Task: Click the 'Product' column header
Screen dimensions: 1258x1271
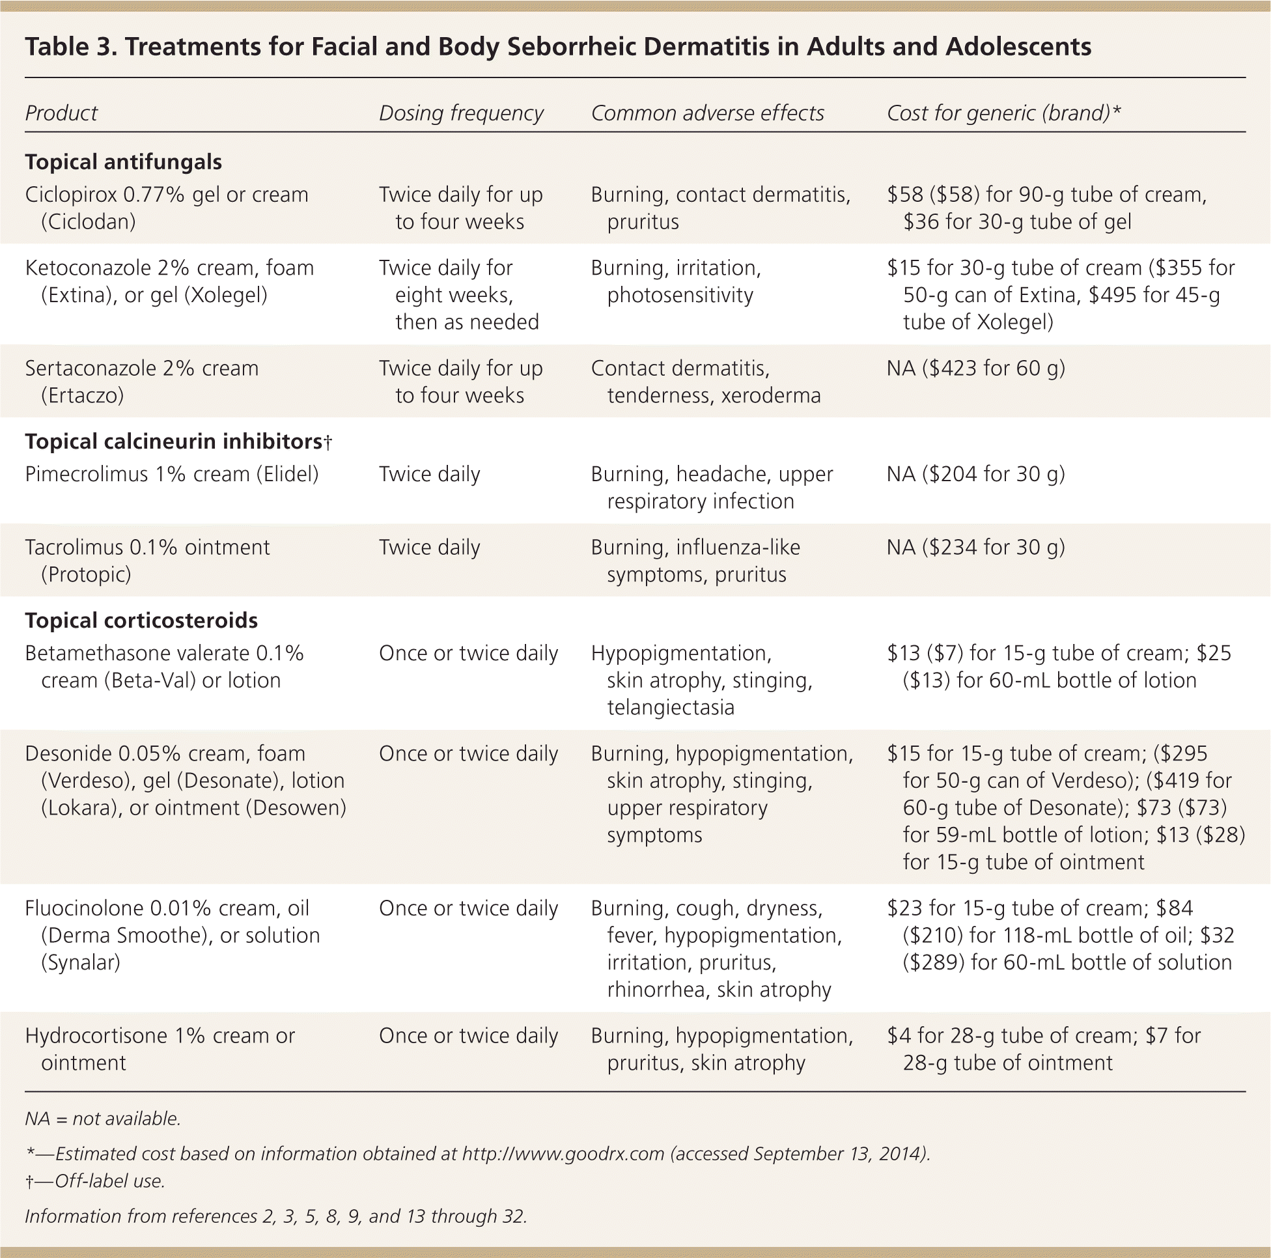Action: point(61,113)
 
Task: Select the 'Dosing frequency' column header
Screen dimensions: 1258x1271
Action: point(460,113)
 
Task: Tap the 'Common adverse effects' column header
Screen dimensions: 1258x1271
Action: point(706,113)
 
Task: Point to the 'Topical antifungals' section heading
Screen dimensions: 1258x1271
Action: point(123,162)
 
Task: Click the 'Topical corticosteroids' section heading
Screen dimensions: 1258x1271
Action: point(141,621)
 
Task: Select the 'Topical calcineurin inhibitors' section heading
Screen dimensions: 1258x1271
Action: point(174,441)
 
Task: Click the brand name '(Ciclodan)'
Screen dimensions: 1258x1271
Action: point(88,223)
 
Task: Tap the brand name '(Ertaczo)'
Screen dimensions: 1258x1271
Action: point(82,396)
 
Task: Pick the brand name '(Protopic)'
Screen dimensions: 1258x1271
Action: point(85,575)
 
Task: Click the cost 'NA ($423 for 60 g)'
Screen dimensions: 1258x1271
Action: point(975,369)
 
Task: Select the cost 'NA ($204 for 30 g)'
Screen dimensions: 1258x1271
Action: point(975,475)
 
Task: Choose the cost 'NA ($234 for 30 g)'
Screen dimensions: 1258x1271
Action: point(975,548)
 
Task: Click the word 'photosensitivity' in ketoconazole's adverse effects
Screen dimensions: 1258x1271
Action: point(680,296)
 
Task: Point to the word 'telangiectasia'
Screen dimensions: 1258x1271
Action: point(670,708)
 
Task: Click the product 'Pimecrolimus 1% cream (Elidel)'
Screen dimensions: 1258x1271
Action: point(172,475)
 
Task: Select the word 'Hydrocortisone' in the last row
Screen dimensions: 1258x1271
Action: point(94,1035)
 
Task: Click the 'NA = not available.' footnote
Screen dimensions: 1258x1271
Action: point(103,1119)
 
